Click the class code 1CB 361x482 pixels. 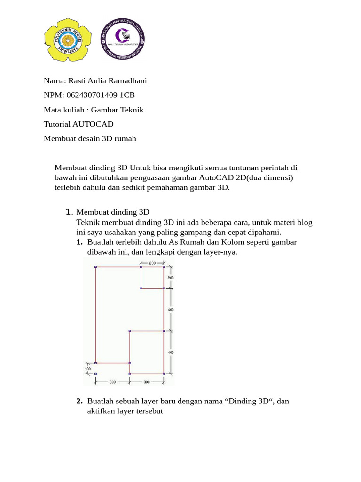(127, 96)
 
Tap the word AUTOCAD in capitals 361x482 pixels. (93, 125)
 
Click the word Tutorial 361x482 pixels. (57, 125)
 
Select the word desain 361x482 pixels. (96, 139)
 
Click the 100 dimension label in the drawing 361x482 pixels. (88, 369)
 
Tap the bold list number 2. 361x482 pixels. (79, 402)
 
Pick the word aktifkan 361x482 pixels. (102, 411)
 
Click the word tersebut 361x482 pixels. (148, 411)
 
